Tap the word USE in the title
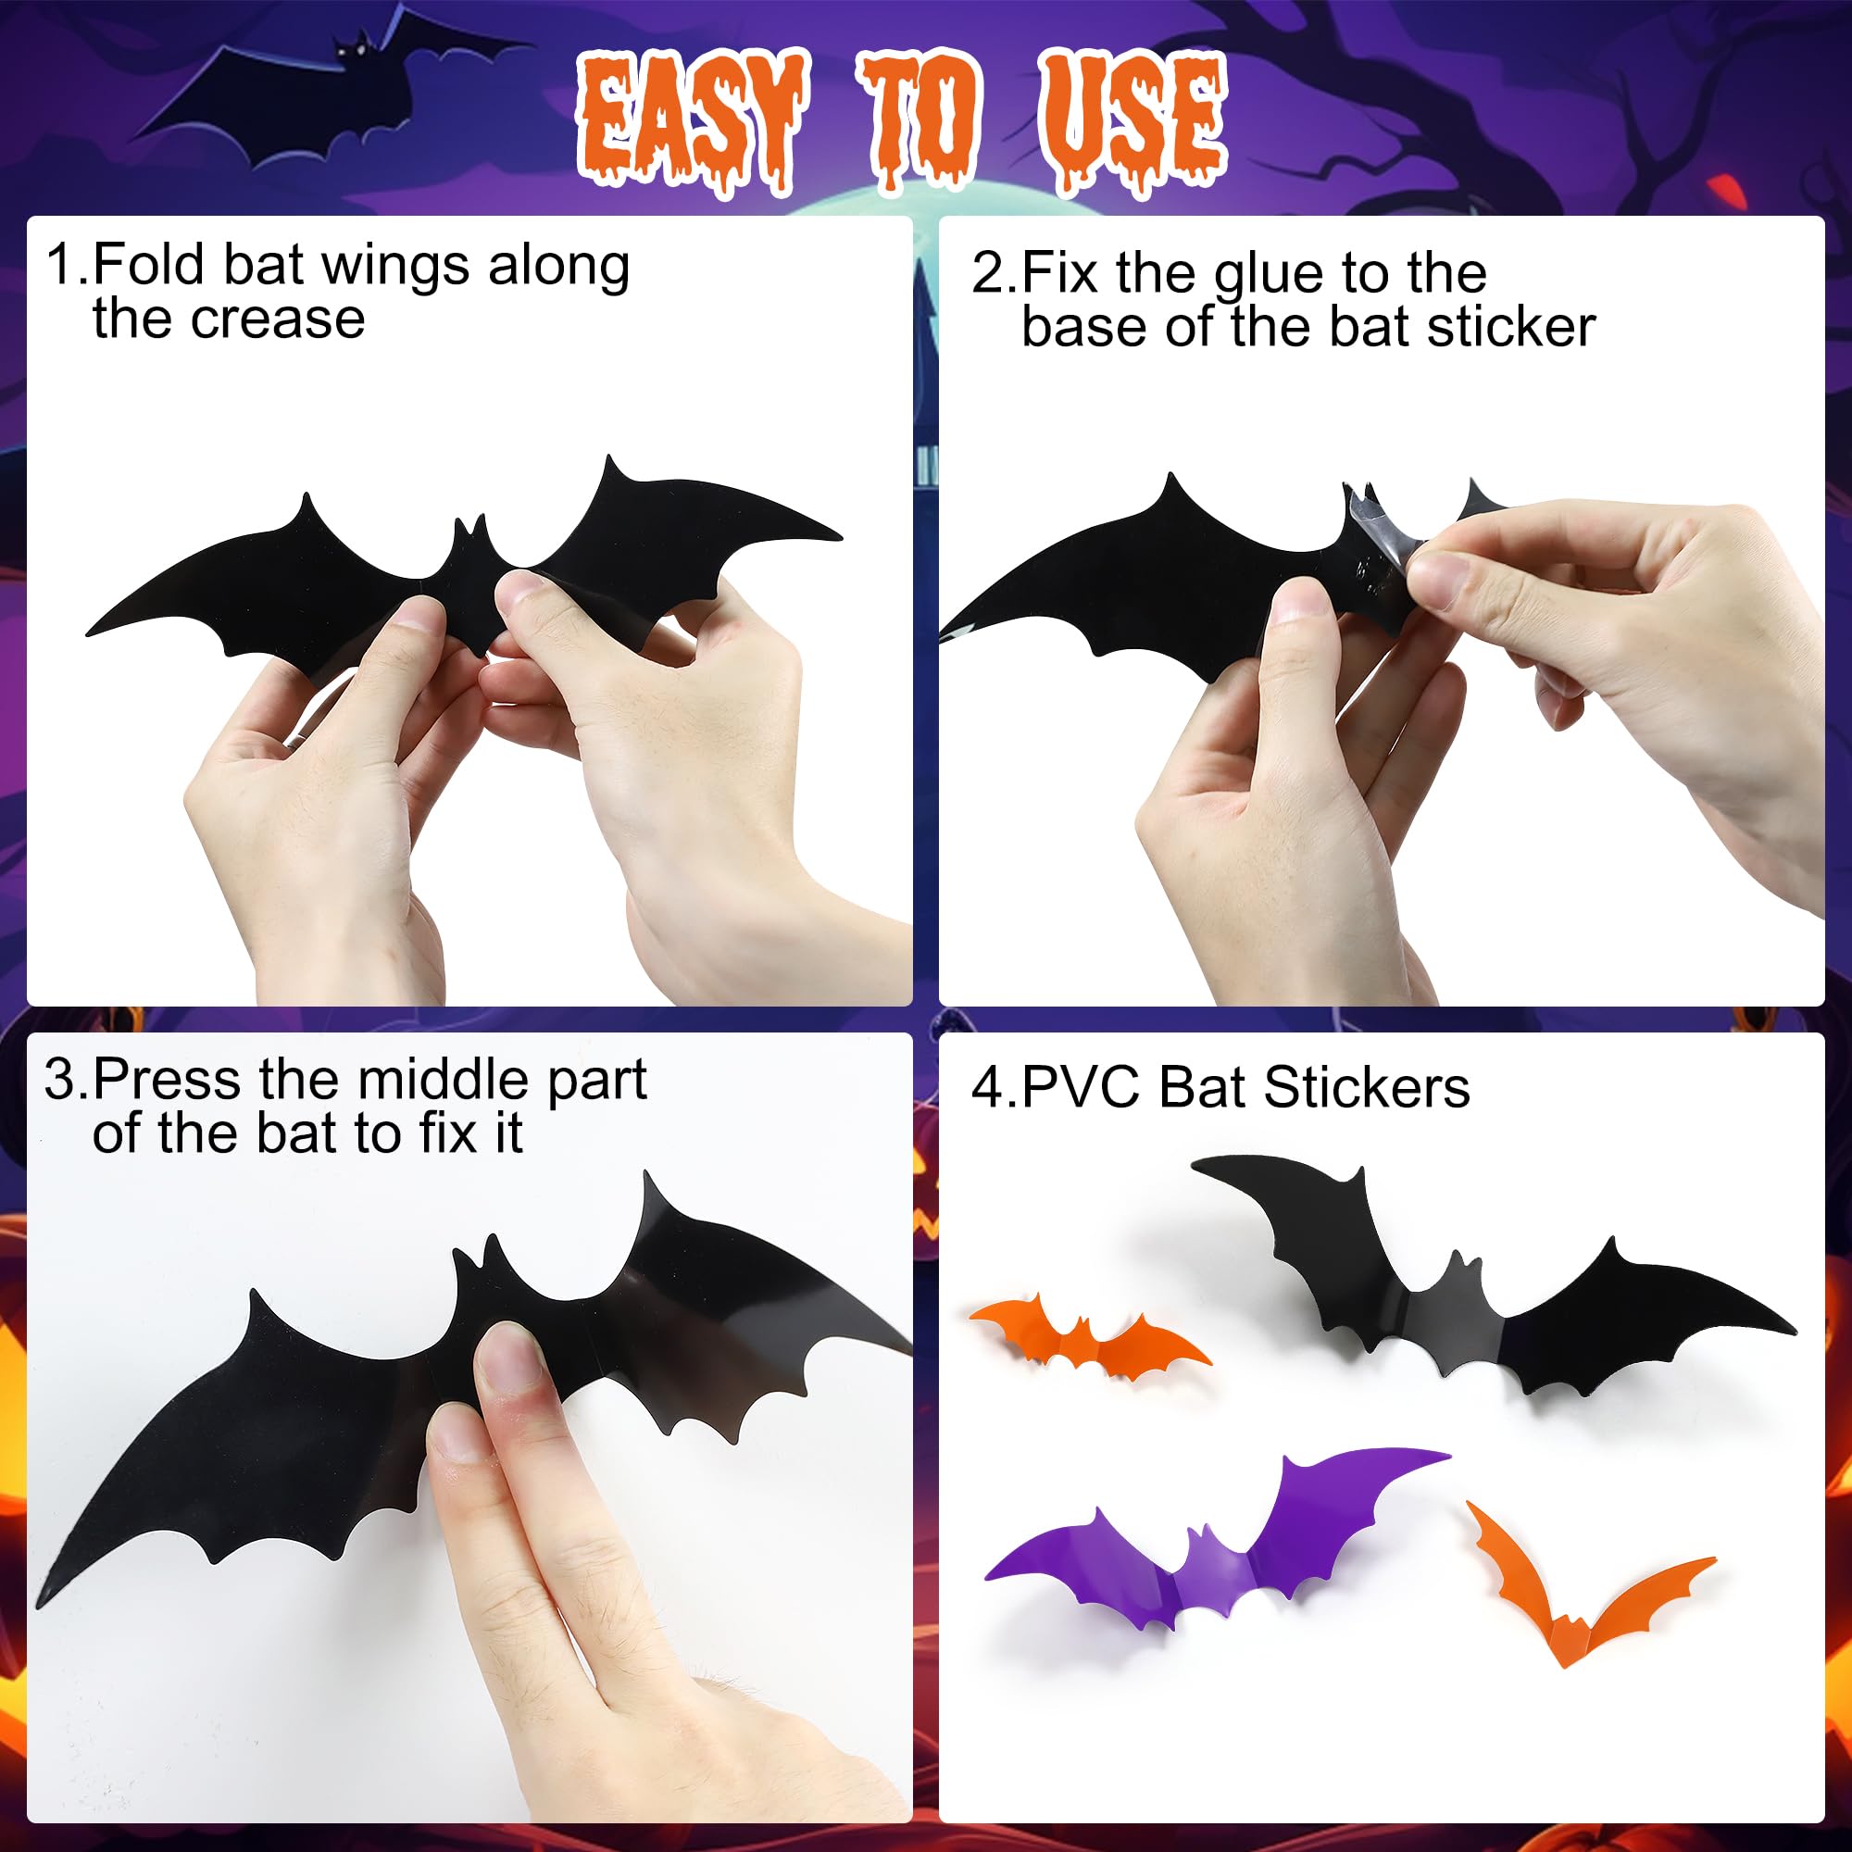[x=1133, y=119]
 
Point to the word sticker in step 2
[x=1510, y=328]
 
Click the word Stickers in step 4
[x=1367, y=1087]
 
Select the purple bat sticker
[x=1218, y=1544]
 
